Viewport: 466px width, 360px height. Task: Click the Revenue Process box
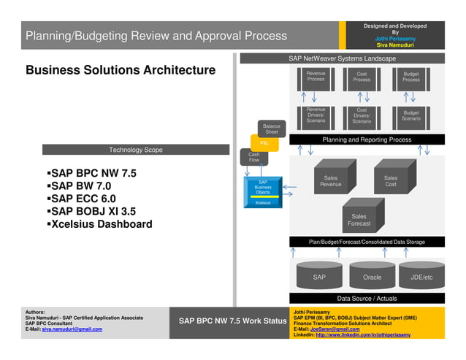(316, 78)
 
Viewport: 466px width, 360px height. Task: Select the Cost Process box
(362, 78)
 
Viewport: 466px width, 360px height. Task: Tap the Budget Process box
(411, 78)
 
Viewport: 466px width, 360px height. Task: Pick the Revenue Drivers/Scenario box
(316, 116)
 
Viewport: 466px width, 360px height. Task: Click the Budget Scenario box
(411, 116)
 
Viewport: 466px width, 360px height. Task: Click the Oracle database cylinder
(372, 276)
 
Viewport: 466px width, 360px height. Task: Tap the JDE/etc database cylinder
(421, 276)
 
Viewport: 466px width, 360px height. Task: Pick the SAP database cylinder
(319, 276)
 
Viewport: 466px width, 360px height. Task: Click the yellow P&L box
(264, 144)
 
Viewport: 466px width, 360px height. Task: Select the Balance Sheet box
(272, 129)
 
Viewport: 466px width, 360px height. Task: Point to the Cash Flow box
(253, 157)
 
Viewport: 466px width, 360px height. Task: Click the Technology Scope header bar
(136, 150)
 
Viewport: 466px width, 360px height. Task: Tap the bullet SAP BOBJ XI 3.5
(92, 211)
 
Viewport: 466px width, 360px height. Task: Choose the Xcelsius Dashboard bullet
(100, 224)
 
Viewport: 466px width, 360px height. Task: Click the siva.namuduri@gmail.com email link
(72, 329)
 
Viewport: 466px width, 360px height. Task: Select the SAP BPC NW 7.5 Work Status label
(232, 321)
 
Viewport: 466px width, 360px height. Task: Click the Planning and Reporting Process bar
(367, 139)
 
